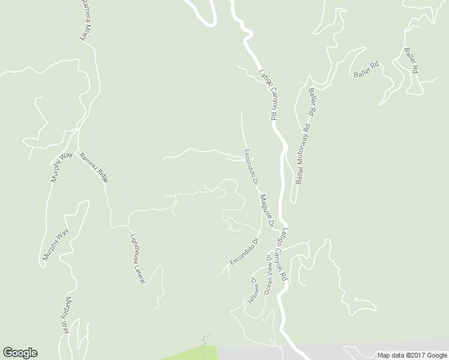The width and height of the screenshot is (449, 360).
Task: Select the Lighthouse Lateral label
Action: click(138, 258)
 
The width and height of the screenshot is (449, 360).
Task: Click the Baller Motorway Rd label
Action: click(303, 153)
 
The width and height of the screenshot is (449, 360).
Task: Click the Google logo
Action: click(20, 353)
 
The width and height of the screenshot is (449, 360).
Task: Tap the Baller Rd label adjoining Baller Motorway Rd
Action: click(313, 102)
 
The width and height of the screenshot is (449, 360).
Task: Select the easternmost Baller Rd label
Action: click(411, 61)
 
